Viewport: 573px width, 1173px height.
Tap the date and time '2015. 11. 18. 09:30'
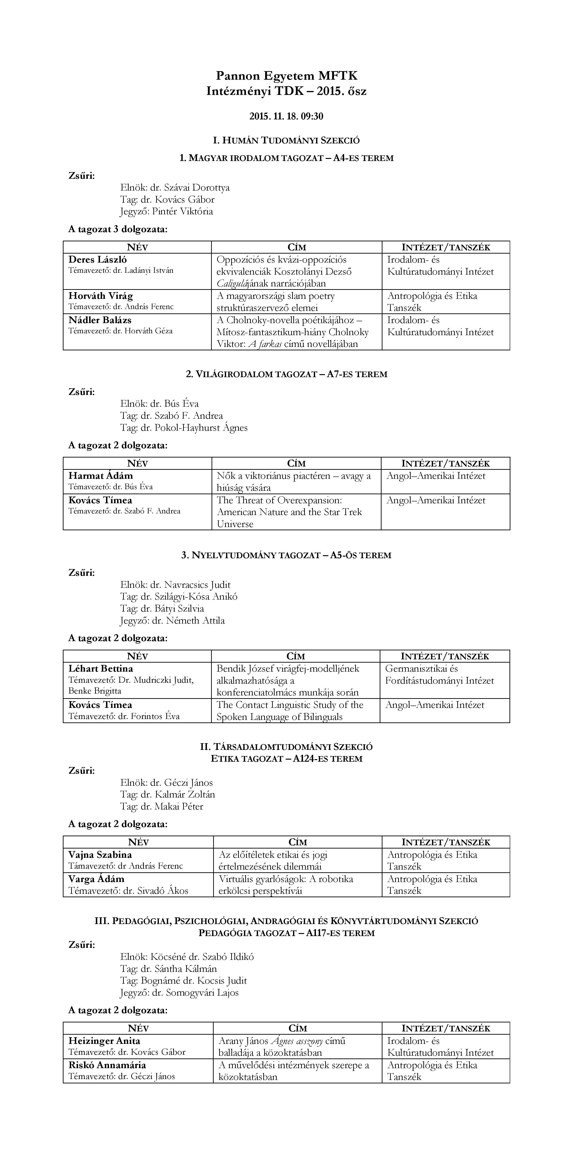click(x=286, y=117)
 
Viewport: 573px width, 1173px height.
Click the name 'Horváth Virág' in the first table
click(x=101, y=296)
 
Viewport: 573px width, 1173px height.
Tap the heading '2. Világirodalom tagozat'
click(x=286, y=374)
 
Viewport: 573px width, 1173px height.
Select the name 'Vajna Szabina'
click(x=100, y=855)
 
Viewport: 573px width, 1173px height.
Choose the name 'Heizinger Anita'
click(x=104, y=1041)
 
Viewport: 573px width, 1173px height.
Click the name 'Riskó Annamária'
click(x=107, y=1065)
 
